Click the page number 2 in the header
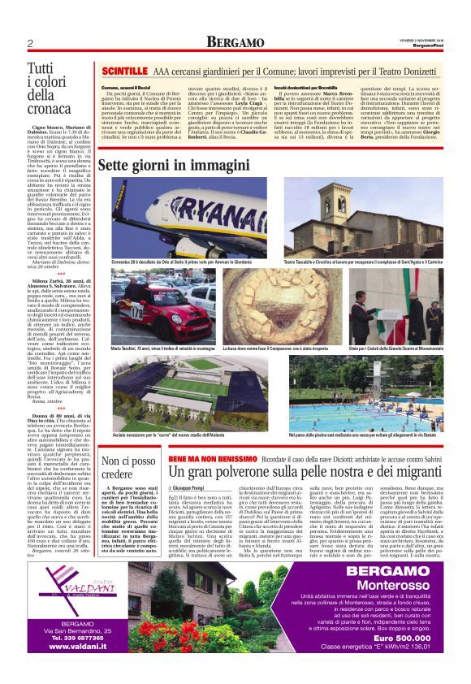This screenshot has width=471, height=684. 30,43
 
